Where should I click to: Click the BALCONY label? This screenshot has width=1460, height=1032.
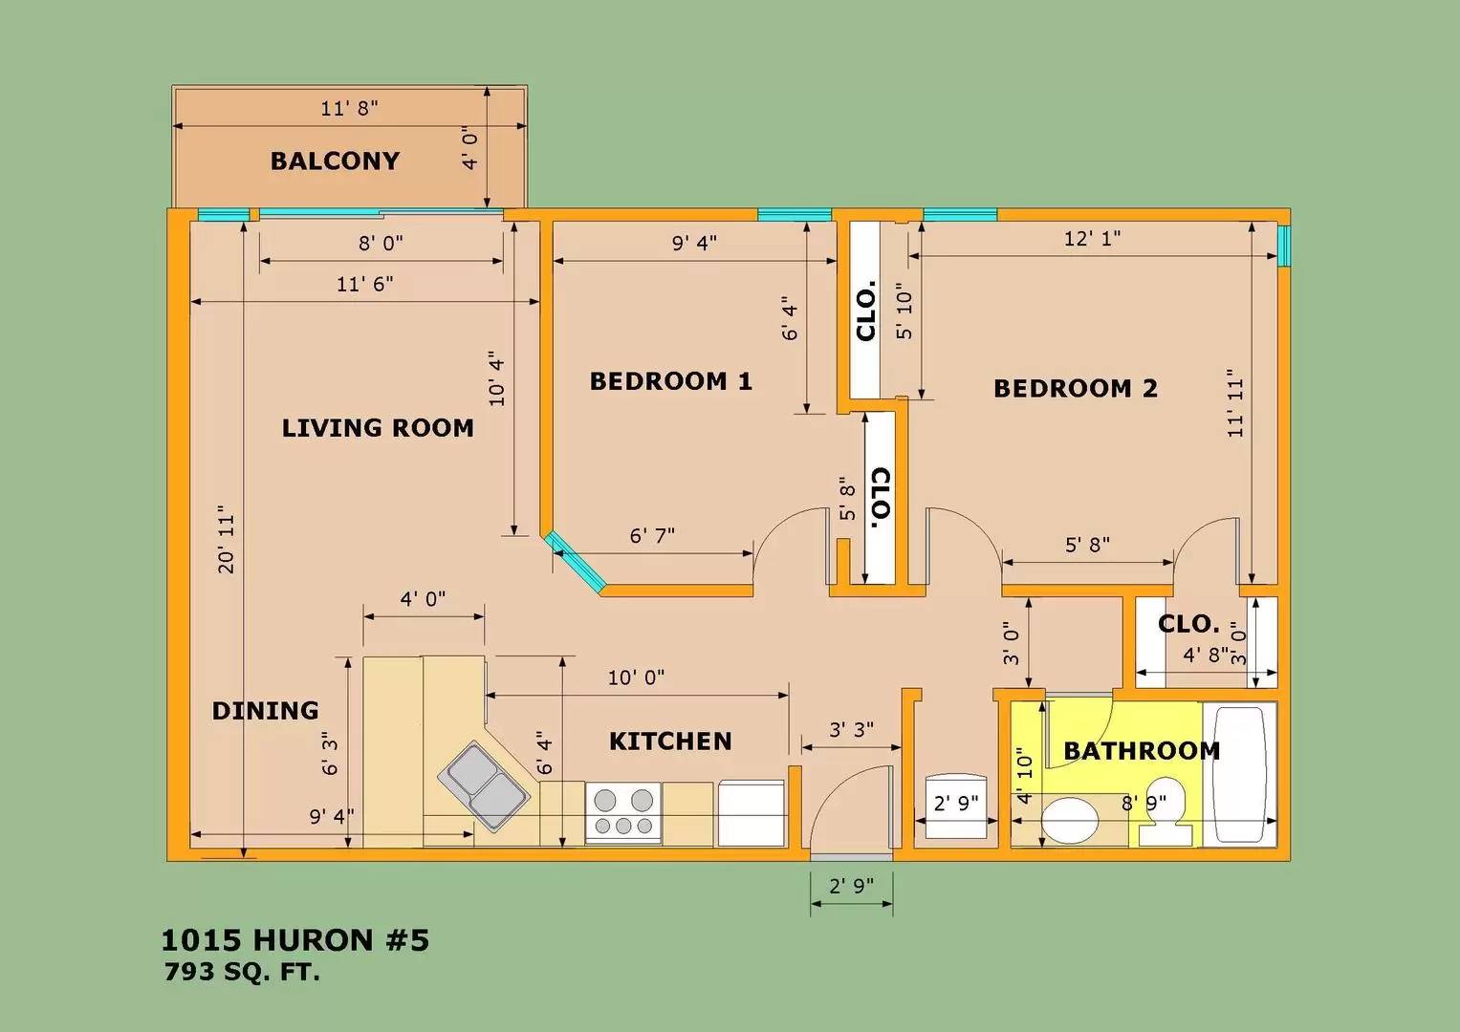click(x=335, y=161)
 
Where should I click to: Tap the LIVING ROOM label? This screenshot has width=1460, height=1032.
click(x=378, y=428)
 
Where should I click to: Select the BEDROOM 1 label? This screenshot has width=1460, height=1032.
click(x=671, y=381)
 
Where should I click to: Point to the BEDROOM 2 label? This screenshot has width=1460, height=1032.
click(x=1076, y=388)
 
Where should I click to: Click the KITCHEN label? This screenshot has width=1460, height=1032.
click(x=670, y=742)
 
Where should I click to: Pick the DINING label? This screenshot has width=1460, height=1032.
click(x=265, y=710)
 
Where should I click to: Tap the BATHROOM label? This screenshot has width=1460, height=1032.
click(x=1142, y=750)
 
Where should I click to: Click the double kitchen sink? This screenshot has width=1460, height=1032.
click(x=483, y=786)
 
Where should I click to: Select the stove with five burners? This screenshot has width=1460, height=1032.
click(x=623, y=812)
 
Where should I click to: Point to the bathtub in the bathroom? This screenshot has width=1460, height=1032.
click(x=1239, y=775)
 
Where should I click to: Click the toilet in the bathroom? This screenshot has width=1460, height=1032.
click(x=1166, y=811)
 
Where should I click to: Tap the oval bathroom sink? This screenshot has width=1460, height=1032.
click(x=1070, y=821)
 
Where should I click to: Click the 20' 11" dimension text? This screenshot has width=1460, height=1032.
click(x=226, y=539)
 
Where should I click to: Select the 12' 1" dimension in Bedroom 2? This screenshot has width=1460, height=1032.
click(x=1093, y=239)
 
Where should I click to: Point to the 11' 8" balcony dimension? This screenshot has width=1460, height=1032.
click(x=349, y=108)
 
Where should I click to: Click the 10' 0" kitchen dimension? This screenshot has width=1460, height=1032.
click(x=636, y=677)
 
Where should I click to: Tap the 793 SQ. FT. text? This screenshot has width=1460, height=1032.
click(x=242, y=972)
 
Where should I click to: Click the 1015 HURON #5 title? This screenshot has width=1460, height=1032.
click(x=295, y=940)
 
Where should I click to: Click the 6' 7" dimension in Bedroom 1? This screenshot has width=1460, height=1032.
click(x=652, y=535)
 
